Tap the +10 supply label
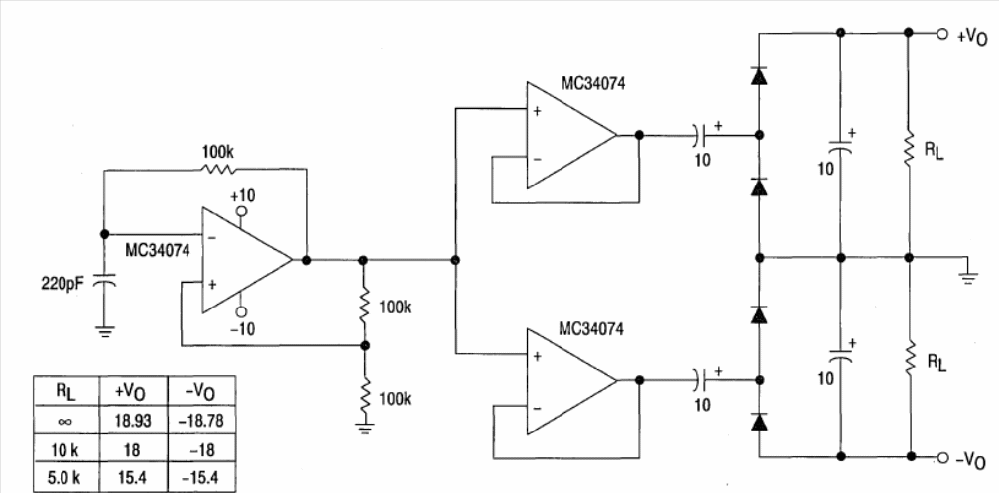coord(241,195)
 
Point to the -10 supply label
coord(242,328)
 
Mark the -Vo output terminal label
coord(971,459)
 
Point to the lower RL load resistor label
coord(935,362)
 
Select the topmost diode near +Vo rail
coord(759,75)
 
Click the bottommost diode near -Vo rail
coord(759,422)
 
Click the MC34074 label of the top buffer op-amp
coord(593,85)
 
